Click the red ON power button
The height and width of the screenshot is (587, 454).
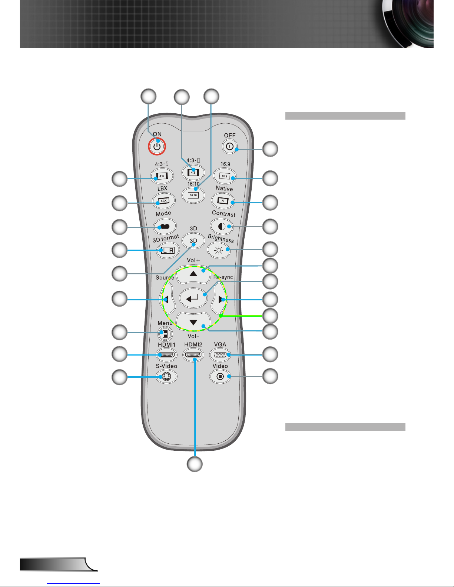157,147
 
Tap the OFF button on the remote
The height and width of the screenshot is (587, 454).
229,147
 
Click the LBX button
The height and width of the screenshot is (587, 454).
163,201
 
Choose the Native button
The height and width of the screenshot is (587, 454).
223,201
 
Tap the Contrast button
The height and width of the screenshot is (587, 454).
222,226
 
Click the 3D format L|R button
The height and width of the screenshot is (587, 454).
168,250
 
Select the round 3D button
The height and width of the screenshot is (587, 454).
193,241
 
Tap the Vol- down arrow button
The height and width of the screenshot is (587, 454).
193,321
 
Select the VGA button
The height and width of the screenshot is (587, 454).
220,355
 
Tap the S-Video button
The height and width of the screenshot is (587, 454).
166,377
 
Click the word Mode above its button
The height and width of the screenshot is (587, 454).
163,214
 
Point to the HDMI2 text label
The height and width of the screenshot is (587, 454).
193,344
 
